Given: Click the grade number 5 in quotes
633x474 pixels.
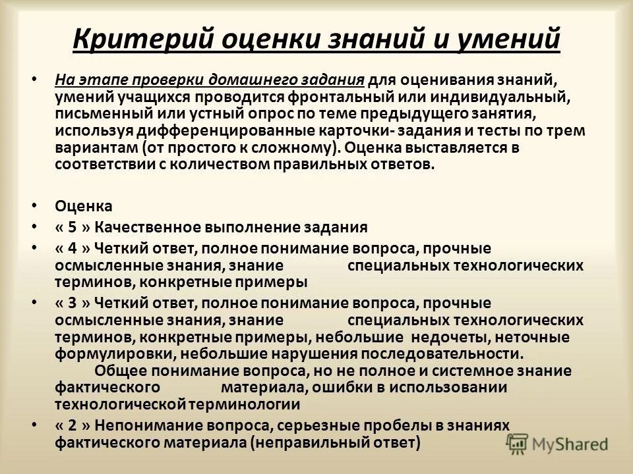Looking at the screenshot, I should (x=73, y=228).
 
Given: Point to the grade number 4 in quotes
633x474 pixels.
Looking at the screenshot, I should (x=73, y=249).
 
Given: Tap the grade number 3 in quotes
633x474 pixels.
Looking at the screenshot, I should (x=73, y=303).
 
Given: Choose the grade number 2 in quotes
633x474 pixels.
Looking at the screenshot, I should (x=73, y=425).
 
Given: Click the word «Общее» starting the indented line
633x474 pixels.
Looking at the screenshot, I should (x=121, y=371).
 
